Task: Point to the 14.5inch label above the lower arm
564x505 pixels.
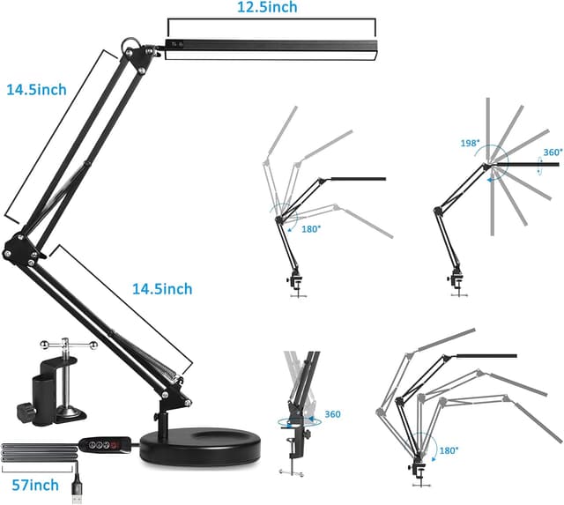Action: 162,288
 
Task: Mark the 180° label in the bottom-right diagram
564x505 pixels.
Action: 449,450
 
